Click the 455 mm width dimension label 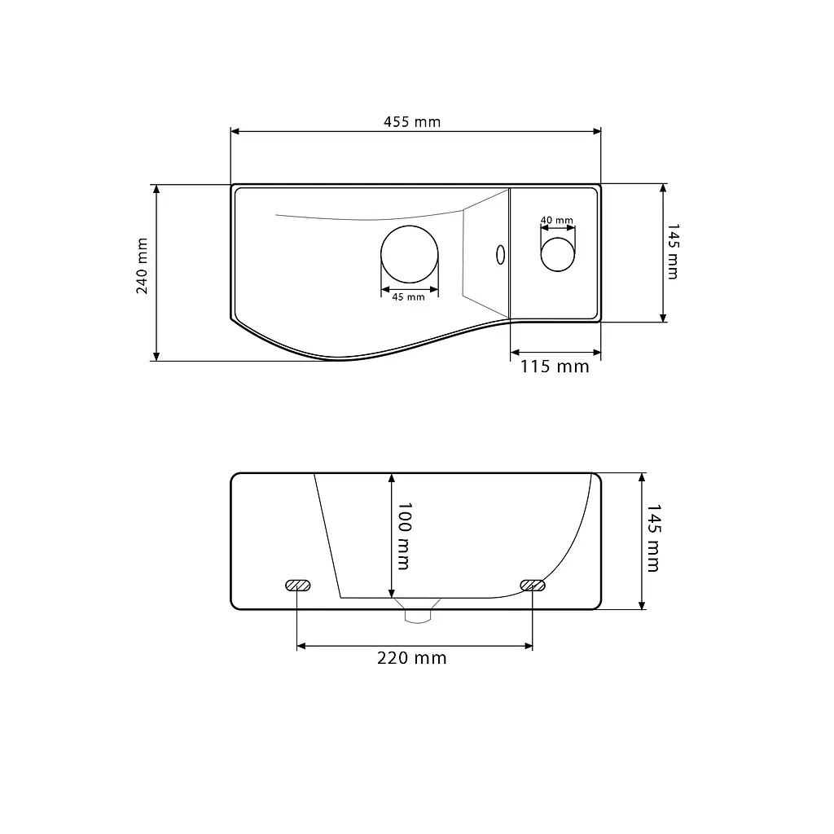[x=412, y=122]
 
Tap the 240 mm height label [x=142, y=266]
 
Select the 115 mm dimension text [x=555, y=367]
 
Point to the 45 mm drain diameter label [x=409, y=297]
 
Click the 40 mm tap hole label [x=557, y=220]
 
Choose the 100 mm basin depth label [x=404, y=536]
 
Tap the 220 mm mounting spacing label [x=411, y=658]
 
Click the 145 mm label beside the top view [x=673, y=252]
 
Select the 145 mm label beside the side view [x=653, y=538]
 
